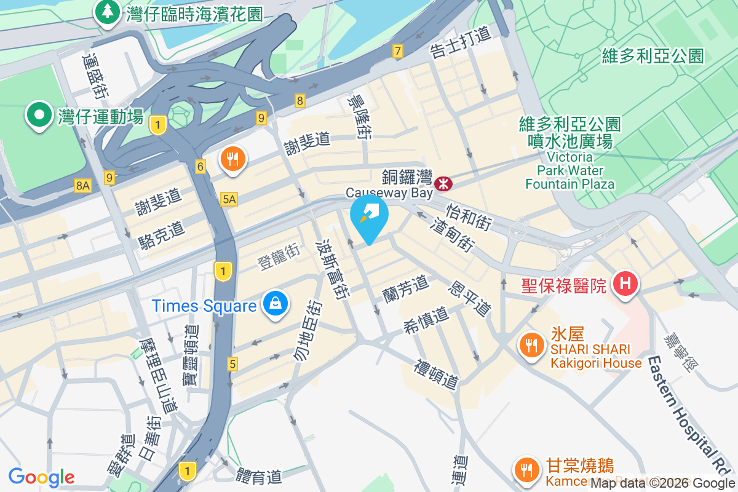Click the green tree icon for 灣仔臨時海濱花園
click(x=108, y=12)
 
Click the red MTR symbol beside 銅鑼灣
click(x=443, y=183)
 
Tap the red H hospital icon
click(x=625, y=284)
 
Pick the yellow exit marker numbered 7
click(x=398, y=52)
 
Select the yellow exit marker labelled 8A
click(x=82, y=185)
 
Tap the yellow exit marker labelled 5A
click(x=229, y=199)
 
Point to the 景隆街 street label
click(x=358, y=117)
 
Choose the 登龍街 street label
click(x=279, y=258)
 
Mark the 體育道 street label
click(x=259, y=476)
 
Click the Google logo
click(x=41, y=477)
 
